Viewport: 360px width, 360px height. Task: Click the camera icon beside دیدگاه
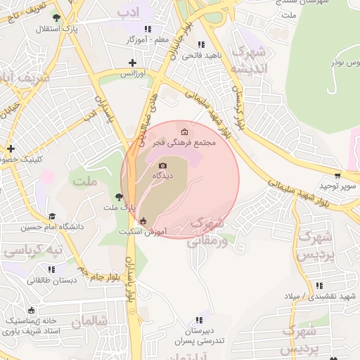tap(162, 166)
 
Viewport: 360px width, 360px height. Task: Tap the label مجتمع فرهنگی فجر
tap(197, 143)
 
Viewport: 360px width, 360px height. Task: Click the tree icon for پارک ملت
tap(118, 198)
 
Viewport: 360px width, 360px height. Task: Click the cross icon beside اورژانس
tap(131, 63)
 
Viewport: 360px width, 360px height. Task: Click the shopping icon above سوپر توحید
tap(337, 176)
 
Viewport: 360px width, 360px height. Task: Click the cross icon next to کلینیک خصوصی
tap(11, 148)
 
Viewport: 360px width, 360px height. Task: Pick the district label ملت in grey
tap(83, 182)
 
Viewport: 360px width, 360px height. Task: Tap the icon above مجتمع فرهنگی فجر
tap(185, 132)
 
